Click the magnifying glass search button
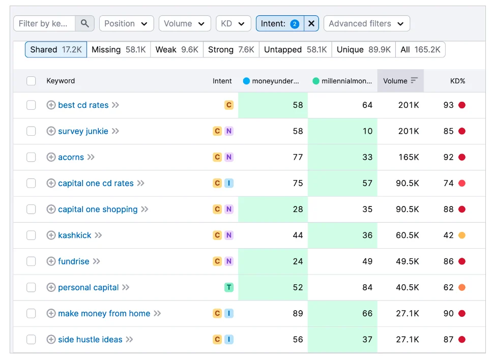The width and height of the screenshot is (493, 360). tap(85, 23)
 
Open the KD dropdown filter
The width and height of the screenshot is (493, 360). tap(233, 23)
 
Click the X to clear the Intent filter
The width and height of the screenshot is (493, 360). tap(311, 23)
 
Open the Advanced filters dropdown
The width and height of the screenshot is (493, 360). tap(366, 23)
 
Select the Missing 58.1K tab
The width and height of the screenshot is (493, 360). tap(119, 49)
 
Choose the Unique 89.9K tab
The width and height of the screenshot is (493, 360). tap(363, 49)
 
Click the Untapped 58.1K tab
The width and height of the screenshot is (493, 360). tap(295, 49)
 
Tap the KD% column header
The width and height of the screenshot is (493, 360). tap(457, 81)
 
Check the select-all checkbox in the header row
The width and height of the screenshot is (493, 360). tap(31, 81)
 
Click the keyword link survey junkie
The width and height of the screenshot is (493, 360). tap(83, 131)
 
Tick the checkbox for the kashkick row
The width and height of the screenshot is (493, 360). tap(31, 235)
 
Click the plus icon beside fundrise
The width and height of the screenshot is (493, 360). tap(51, 261)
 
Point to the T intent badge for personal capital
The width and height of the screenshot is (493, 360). tap(229, 287)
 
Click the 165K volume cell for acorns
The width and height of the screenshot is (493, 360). tap(409, 157)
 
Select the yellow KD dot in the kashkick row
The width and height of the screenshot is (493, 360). tap(462, 235)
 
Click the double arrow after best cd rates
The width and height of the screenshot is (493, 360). tap(115, 105)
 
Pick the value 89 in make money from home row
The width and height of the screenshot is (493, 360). tap(298, 314)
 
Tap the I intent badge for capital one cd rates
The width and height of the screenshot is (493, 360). tap(229, 183)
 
